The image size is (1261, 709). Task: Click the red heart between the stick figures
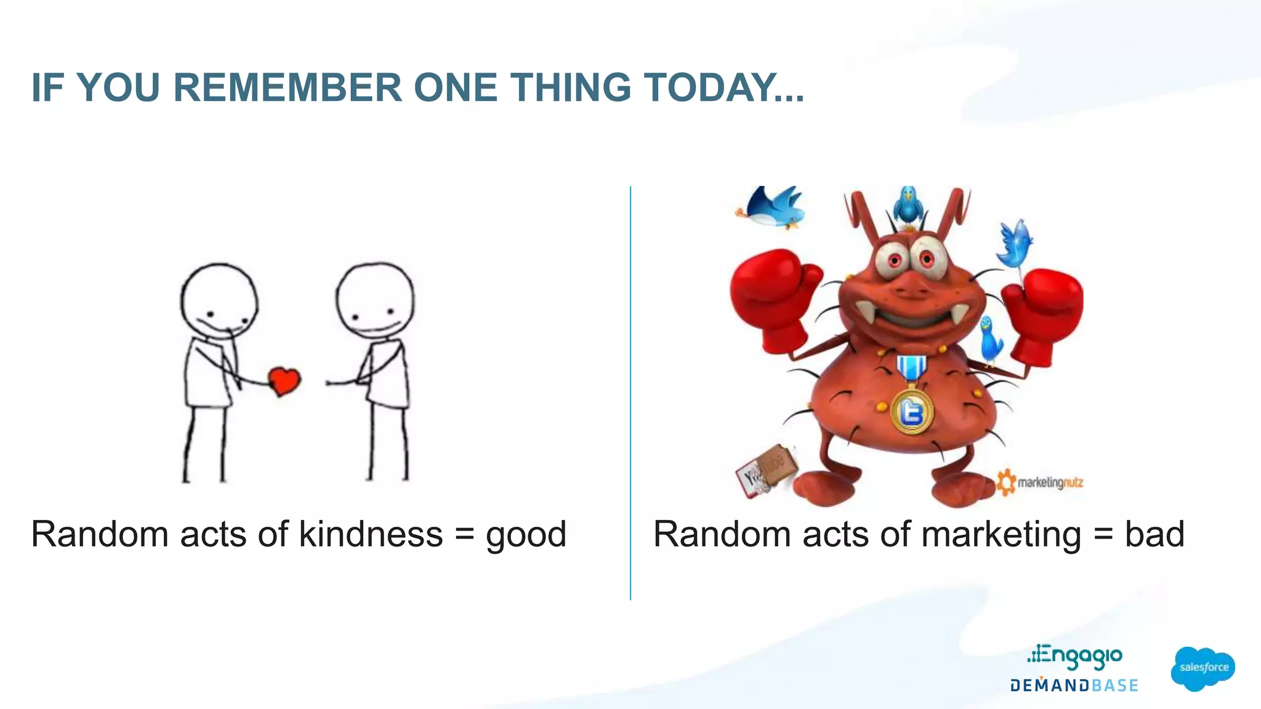tap(284, 381)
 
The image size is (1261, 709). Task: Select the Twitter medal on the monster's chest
tap(912, 411)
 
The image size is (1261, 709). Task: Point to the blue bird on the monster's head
tap(908, 207)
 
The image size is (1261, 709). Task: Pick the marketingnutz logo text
tap(1049, 483)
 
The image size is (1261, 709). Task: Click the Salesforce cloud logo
tap(1203, 668)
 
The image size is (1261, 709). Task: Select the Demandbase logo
tap(1074, 686)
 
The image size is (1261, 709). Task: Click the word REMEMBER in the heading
tap(288, 87)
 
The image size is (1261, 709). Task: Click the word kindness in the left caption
tap(371, 534)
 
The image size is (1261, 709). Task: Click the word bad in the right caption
tap(1154, 534)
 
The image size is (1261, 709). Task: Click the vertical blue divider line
tap(630, 394)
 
